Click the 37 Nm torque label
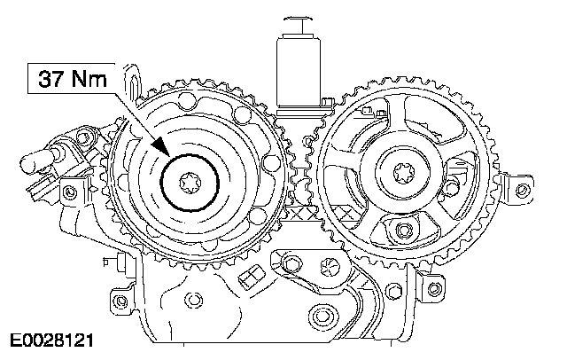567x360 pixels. (x=73, y=79)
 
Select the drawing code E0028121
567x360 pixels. (x=51, y=340)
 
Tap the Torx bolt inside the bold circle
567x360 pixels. (x=190, y=183)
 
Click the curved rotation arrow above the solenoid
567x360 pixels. (x=299, y=18)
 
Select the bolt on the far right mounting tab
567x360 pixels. (x=522, y=189)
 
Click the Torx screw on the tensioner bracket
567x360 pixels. (x=330, y=267)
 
